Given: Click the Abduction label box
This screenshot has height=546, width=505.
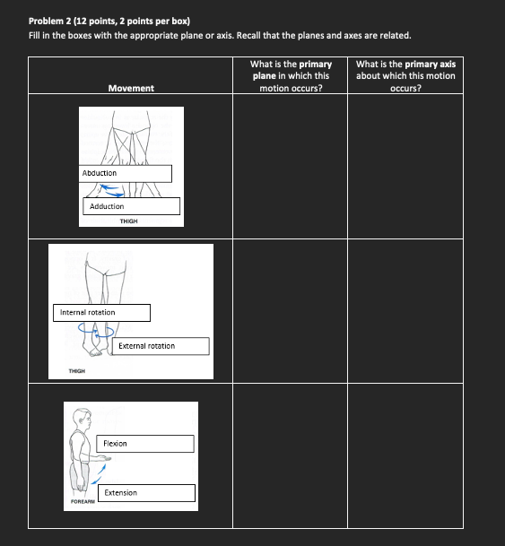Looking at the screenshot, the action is click(125, 173).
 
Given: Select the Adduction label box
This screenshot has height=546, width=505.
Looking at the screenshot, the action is click(131, 206).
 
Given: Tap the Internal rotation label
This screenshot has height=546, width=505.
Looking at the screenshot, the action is click(101, 313).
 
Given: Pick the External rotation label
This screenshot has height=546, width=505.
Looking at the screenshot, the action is click(161, 346).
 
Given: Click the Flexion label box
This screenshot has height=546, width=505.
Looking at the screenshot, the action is click(145, 444).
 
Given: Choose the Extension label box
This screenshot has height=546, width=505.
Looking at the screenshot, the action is click(146, 493).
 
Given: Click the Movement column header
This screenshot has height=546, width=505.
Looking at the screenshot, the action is click(131, 89).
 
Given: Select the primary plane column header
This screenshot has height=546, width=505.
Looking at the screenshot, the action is click(291, 76).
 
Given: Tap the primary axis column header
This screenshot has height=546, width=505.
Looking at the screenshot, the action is click(405, 76).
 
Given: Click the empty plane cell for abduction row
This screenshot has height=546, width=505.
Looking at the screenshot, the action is click(290, 166).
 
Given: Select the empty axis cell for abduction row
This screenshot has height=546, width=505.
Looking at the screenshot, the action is click(405, 166).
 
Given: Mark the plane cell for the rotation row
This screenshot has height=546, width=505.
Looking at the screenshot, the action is click(290, 311).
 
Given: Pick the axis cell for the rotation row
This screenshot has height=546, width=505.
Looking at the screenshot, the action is click(405, 311).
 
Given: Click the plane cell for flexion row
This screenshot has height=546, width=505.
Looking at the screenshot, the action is click(290, 455).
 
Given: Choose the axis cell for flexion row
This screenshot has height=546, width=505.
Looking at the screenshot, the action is click(405, 455).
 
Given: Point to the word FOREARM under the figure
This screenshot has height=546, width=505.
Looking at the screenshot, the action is click(83, 501).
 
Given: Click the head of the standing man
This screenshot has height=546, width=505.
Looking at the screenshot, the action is click(83, 420).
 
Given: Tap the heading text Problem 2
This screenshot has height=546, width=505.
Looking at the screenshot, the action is click(50, 22).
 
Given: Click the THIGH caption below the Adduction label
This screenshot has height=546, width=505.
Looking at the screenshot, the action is click(128, 221).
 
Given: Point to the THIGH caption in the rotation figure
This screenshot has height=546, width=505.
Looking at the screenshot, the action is click(77, 371).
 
